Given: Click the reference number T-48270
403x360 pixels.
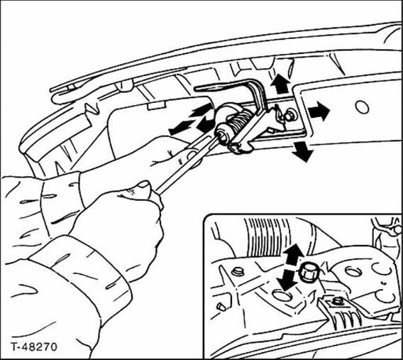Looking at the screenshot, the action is tap(33, 347).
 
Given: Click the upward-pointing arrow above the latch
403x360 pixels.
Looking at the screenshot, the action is tap(280, 84).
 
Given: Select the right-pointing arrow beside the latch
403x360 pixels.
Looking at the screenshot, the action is tap(319, 111).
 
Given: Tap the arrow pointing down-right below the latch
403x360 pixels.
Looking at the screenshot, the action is tap(302, 151).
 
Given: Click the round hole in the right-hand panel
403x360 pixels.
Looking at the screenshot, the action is tap(362, 107).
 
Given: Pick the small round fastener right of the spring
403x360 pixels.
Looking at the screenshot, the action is tap(290, 116).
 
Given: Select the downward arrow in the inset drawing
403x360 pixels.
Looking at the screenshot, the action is tap(287, 280).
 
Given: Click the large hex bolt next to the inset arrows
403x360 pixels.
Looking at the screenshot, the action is tap(309, 273).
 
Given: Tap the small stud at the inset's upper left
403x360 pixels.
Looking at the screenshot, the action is tap(237, 272).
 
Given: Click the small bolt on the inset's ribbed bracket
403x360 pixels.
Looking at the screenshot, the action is tap(336, 300).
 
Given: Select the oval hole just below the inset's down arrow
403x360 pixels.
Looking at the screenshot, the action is tap(282, 295).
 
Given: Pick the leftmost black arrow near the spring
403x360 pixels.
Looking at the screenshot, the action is tap(181, 127).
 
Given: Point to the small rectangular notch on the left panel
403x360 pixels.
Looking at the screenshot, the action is tap(156, 106).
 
